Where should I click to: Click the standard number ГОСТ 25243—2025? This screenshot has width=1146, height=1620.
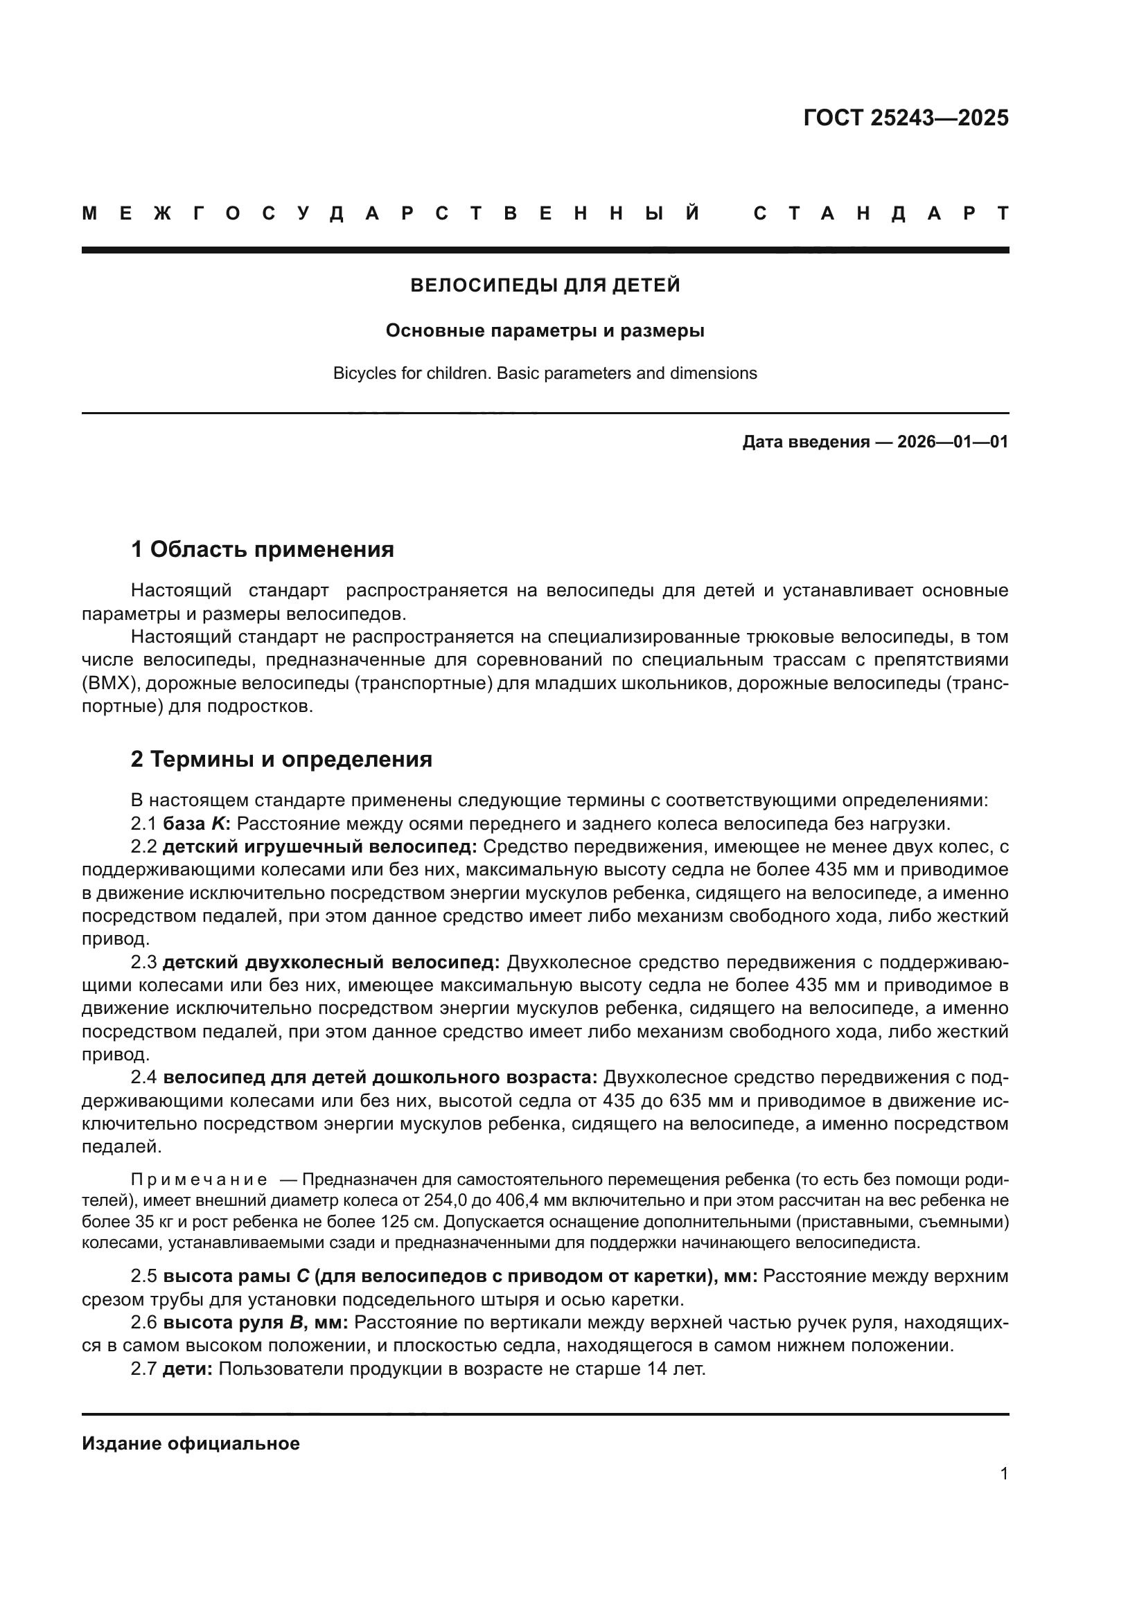906,118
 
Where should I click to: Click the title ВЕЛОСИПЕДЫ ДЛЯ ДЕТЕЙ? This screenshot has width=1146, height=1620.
545,285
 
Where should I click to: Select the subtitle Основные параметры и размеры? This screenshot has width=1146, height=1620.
545,330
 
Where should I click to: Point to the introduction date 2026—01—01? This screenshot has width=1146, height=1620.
952,443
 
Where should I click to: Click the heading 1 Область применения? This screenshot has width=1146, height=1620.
262,549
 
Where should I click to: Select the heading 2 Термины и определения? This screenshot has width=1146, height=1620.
281,759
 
